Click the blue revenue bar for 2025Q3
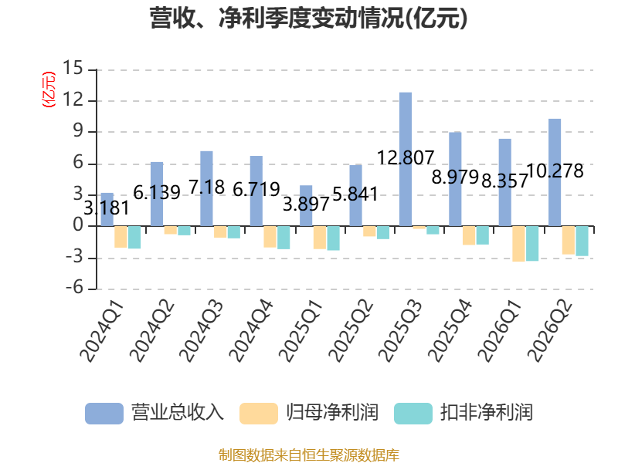click(406, 160)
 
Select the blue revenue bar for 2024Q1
click(107, 209)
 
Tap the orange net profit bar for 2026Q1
click(518, 244)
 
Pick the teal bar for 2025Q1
click(334, 238)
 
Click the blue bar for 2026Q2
click(555, 172)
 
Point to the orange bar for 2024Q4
click(270, 237)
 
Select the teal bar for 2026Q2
click(582, 241)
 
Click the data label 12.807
click(406, 158)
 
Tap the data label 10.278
click(555, 171)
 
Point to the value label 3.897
click(306, 204)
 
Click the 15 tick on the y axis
click(73, 68)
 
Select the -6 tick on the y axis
click(74, 288)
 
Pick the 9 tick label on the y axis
click(78, 130)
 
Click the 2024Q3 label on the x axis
click(202, 330)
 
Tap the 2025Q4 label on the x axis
click(450, 330)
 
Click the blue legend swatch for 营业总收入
click(104, 414)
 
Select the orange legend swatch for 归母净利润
click(259, 414)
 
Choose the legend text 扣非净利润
click(487, 413)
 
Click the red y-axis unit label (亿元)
click(49, 90)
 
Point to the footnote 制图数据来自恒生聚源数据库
click(308, 455)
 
